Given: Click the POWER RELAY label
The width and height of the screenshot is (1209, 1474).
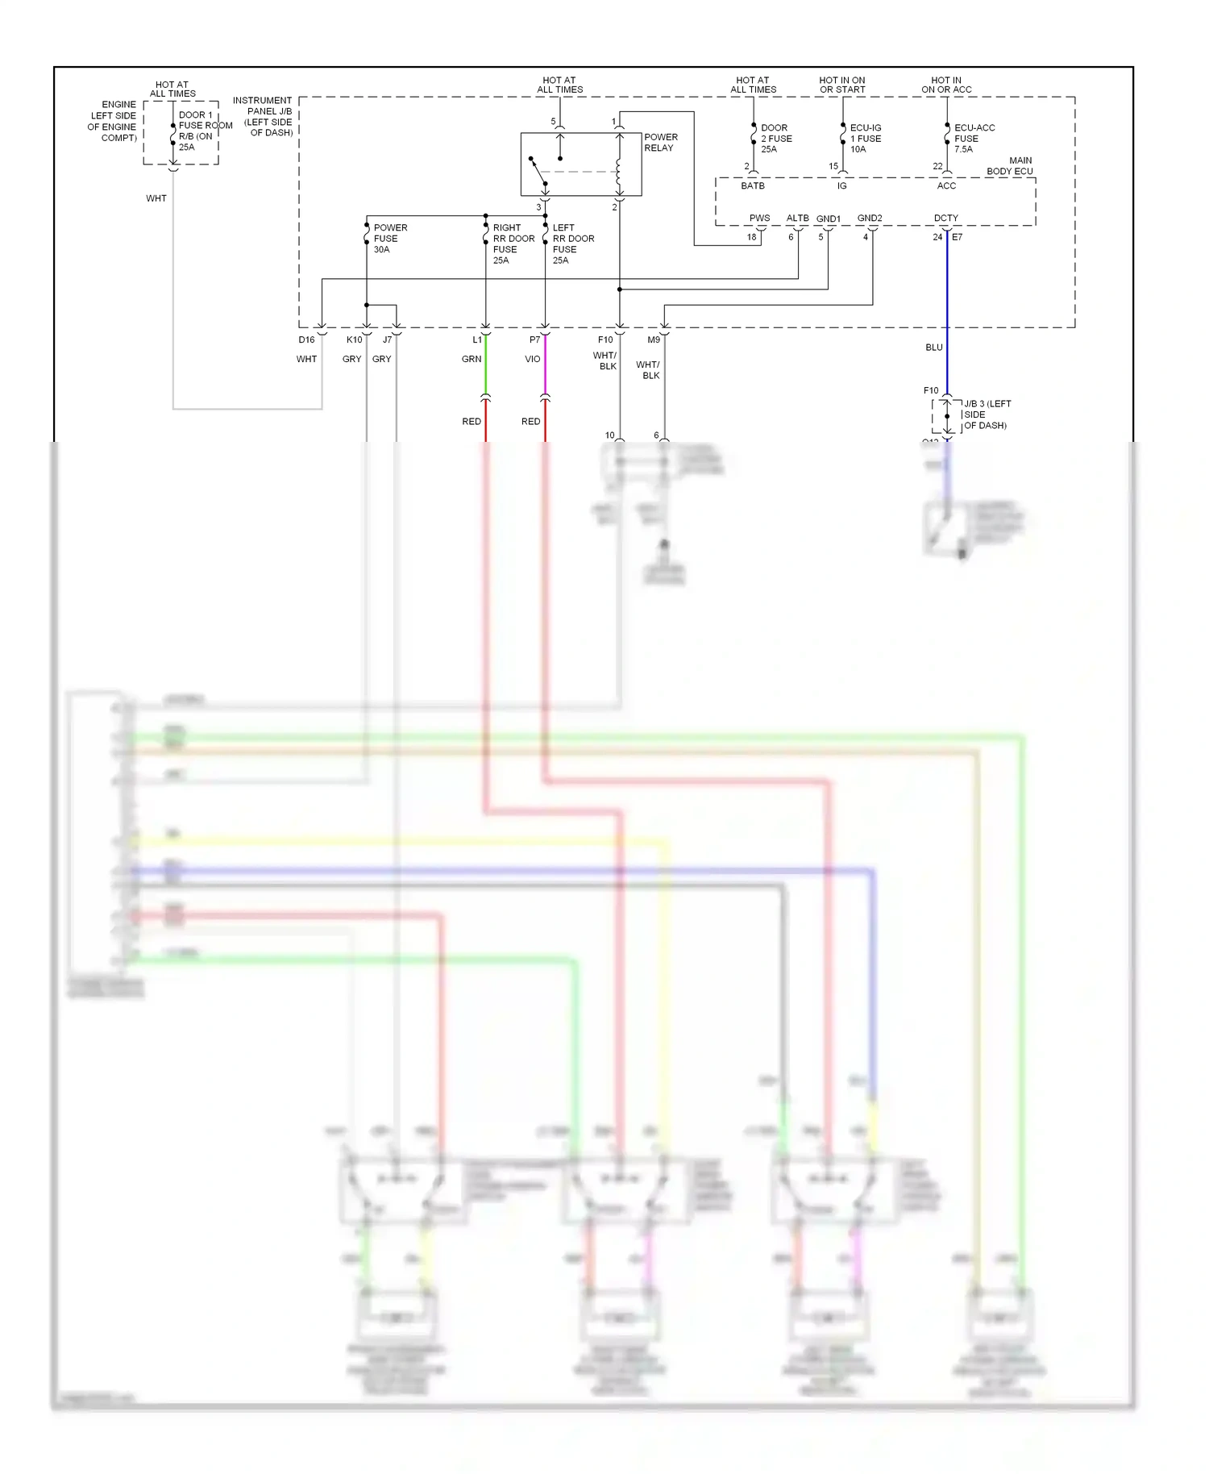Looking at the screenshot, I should coord(660,143).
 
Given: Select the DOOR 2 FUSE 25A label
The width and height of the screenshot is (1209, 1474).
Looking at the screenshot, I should coord(775,139).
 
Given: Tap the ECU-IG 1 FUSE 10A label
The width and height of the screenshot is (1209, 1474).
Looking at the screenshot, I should coord(865,139).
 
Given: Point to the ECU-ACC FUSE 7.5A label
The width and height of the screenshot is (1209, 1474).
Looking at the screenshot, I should coord(973,139).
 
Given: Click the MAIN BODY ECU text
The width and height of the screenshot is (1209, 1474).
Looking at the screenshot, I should coord(1011,166).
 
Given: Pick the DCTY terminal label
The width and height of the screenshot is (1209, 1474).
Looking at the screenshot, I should coord(945,219).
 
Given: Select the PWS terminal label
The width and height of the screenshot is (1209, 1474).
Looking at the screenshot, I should coord(759,219).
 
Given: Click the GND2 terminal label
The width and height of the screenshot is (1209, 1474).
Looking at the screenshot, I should coord(869,219).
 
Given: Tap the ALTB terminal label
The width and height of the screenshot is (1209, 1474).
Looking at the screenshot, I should coord(797,219).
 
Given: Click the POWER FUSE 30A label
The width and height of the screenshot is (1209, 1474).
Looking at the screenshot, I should coord(389,239).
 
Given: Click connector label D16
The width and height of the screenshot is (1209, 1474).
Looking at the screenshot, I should coord(306,340).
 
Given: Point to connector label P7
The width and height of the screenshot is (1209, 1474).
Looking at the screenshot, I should coord(534,340).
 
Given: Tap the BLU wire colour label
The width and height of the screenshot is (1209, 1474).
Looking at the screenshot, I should coord(933,348).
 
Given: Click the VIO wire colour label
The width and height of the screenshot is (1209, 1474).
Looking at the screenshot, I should coord(532,360).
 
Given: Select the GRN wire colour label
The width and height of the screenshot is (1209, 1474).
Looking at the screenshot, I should coord(472,360).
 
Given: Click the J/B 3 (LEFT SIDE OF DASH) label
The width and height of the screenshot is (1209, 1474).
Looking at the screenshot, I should coord(986,414).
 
